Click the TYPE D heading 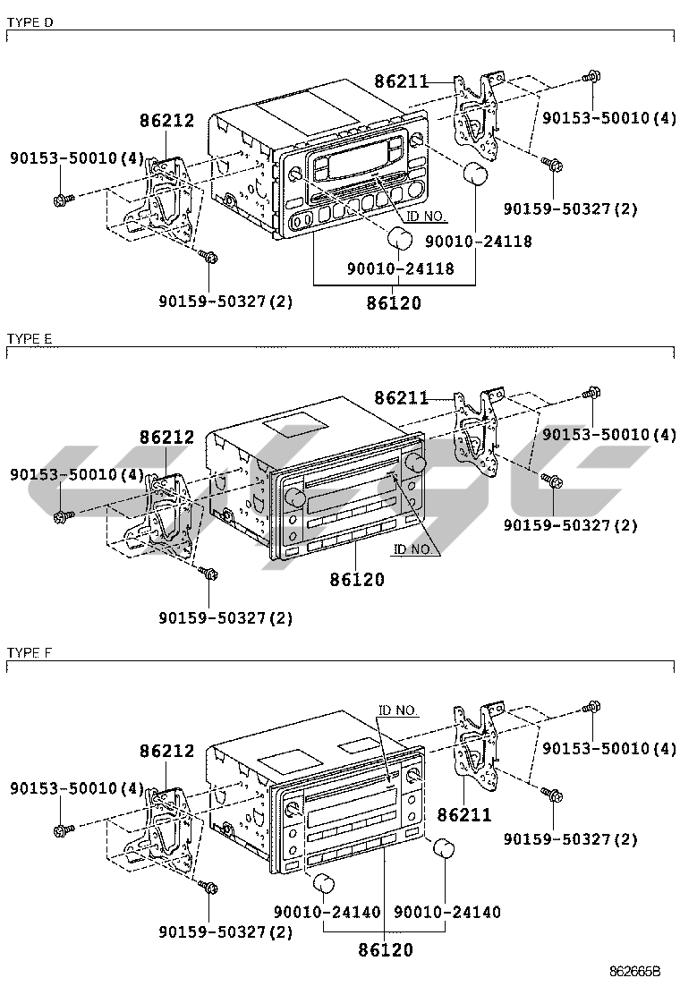[30, 21]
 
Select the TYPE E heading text [30, 338]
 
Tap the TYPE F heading [30, 653]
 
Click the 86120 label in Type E [357, 580]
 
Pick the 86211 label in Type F [464, 815]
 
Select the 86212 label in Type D [166, 121]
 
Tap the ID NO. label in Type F [398, 710]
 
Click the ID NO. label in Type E [412, 549]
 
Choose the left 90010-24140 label [327, 912]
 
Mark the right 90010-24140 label [447, 912]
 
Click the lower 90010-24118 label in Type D [401, 268]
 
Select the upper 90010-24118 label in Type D [478, 242]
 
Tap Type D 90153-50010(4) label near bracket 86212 [77, 158]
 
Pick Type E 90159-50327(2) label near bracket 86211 [571, 524]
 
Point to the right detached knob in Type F [443, 848]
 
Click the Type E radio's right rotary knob [414, 461]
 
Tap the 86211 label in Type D [402, 82]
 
